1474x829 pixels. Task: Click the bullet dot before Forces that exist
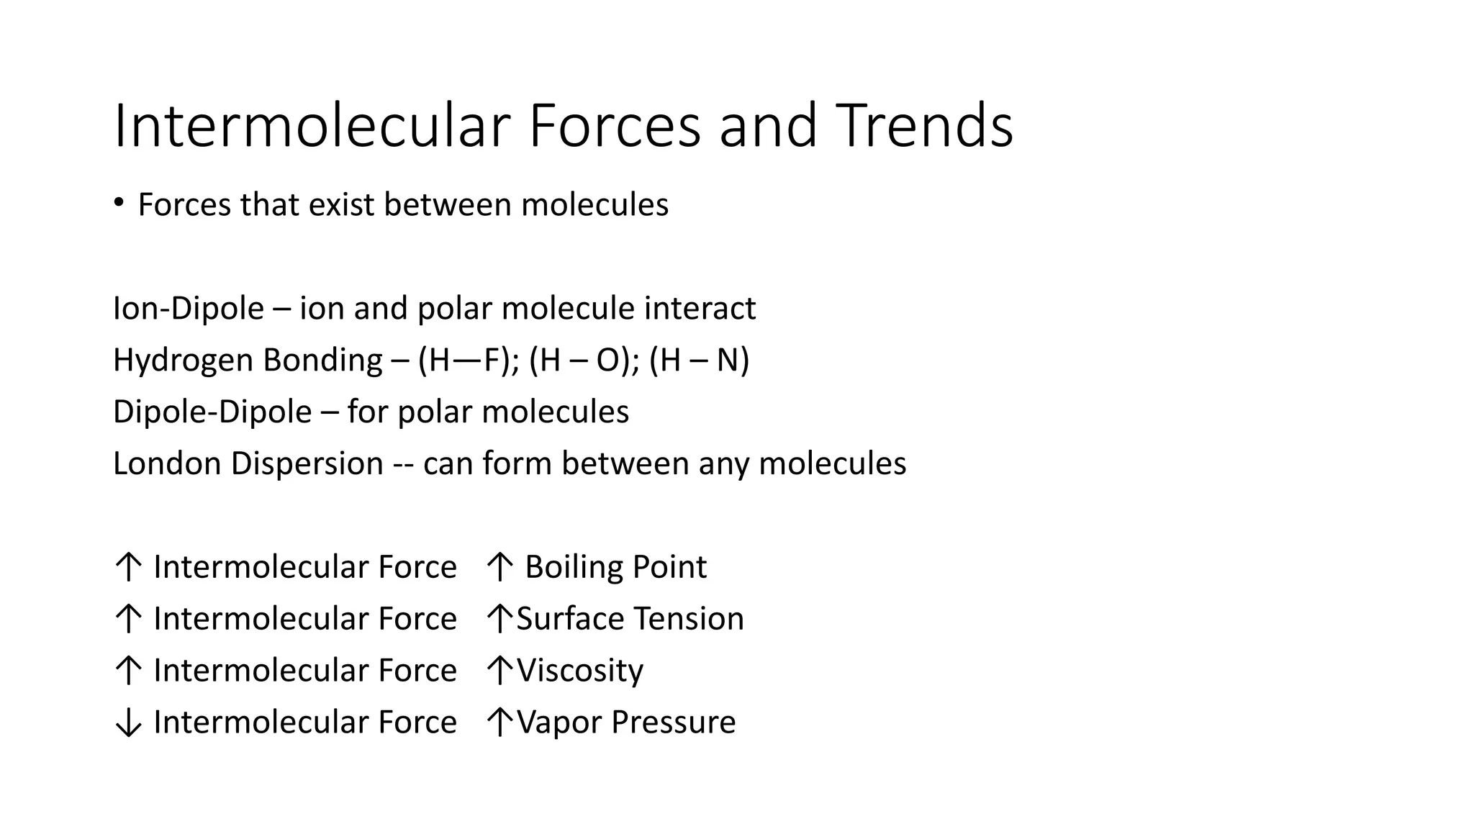(119, 203)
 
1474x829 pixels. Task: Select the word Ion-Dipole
(189, 309)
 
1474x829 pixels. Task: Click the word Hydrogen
(183, 361)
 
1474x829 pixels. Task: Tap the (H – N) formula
(699, 360)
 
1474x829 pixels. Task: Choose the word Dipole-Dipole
(212, 412)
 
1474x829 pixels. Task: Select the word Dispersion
(307, 464)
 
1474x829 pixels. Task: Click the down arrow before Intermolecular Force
(128, 722)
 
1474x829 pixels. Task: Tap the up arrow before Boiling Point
(499, 567)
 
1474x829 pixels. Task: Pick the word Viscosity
(580, 671)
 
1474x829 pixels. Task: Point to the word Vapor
(559, 722)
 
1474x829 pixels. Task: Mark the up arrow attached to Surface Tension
(499, 619)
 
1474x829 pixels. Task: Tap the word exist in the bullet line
(341, 205)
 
